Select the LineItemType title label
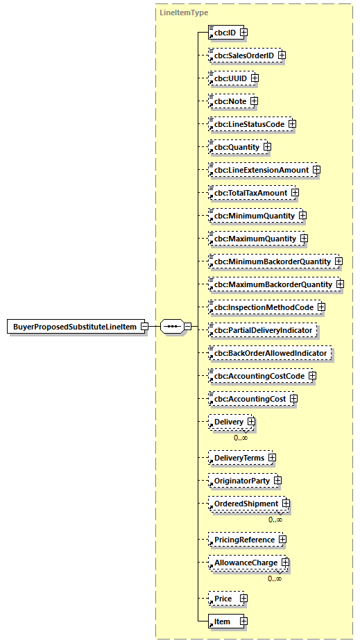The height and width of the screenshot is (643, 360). coord(184,12)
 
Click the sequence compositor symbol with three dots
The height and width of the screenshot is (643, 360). coord(171,327)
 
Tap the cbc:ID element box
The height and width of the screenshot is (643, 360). coord(223,32)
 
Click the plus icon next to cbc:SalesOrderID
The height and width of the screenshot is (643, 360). coord(282,55)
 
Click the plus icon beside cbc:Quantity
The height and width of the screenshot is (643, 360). coord(267,147)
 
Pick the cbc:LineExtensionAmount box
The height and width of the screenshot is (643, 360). coord(259,170)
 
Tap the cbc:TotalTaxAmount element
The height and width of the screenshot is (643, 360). coord(249,193)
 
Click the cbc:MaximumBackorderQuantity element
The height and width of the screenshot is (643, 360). coord(272,284)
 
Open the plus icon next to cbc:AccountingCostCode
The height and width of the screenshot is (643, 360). coord(312,376)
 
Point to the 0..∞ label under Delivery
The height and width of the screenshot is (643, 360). coord(241,437)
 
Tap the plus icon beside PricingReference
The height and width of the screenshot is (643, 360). coord(282,539)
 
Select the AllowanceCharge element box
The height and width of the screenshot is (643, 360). coord(244,563)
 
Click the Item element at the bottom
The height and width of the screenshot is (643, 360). coord(223,621)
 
